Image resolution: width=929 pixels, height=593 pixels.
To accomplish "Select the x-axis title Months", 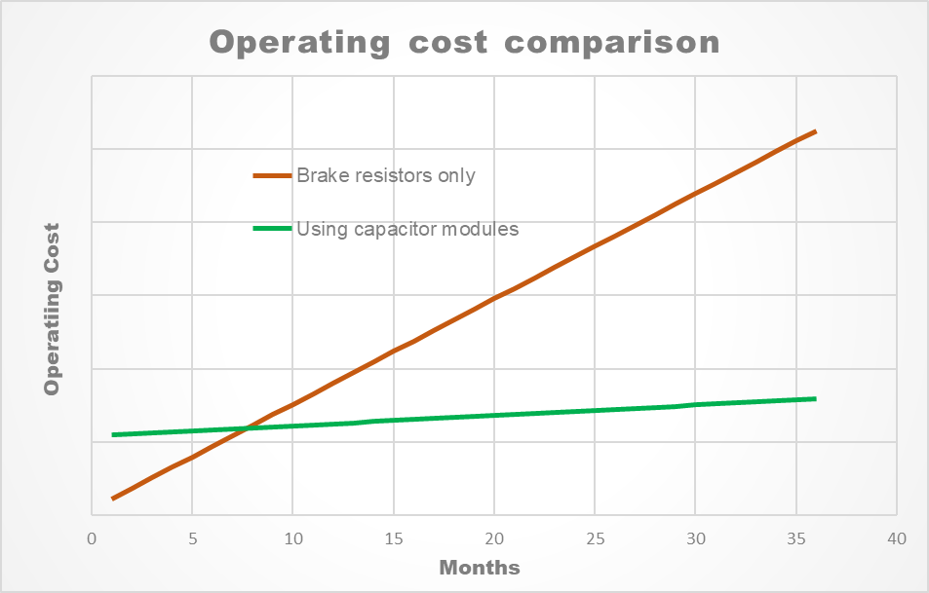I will click(x=479, y=568).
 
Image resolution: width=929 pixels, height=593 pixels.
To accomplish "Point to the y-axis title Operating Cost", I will click(x=52, y=309).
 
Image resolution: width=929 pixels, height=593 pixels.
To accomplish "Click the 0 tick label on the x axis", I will click(x=92, y=538).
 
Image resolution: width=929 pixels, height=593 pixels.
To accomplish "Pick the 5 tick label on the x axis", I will click(x=192, y=538).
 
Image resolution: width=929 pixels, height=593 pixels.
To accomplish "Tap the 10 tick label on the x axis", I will click(x=292, y=538).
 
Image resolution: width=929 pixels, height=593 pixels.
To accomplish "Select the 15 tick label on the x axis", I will click(x=394, y=538).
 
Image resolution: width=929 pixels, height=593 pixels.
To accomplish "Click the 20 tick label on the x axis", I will click(x=494, y=538).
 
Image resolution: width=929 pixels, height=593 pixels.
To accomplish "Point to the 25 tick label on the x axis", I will click(x=595, y=538).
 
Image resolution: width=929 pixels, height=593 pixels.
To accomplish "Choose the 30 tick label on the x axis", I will click(x=695, y=538).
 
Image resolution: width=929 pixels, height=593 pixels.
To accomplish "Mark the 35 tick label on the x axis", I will click(x=796, y=538).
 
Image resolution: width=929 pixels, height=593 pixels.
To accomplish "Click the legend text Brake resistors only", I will click(x=386, y=176).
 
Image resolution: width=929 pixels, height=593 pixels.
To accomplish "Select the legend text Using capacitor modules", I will click(x=407, y=230).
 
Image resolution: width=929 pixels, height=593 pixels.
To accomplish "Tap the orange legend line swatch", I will click(x=272, y=176).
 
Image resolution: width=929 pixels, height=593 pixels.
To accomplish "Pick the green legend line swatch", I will click(x=272, y=230).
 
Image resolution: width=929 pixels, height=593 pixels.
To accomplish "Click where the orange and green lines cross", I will click(x=243, y=428).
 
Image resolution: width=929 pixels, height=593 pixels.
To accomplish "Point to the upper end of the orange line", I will click(x=815, y=130).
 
